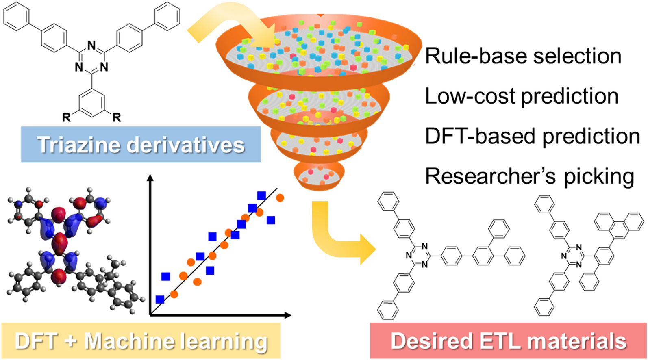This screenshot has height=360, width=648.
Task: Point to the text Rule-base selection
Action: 523,56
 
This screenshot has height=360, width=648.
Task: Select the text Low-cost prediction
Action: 522,96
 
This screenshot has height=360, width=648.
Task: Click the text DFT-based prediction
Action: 532,136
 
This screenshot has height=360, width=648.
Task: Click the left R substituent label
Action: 66,118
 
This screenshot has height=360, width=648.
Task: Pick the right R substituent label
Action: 117,118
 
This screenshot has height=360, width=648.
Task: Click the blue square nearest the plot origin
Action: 160,299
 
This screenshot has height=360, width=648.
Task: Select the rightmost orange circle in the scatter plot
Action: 280,198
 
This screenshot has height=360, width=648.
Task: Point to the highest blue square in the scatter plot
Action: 261,195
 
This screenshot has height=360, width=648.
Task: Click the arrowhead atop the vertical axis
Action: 151,178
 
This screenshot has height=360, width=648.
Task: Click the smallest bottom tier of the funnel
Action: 319,175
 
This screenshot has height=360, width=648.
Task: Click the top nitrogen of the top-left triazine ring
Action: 91,45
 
